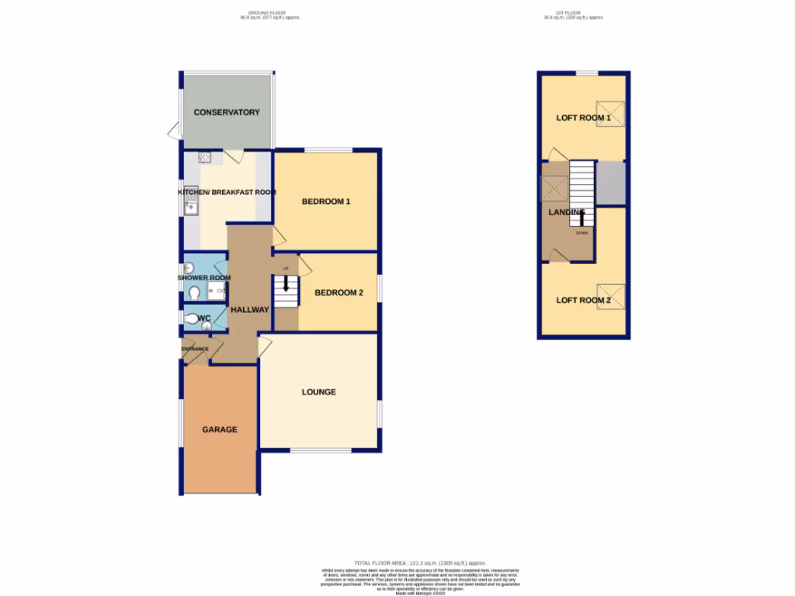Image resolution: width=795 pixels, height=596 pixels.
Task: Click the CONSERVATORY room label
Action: point(227,113)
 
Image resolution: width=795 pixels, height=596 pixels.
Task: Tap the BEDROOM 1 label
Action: point(326,202)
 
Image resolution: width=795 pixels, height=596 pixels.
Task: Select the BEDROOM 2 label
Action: point(338,293)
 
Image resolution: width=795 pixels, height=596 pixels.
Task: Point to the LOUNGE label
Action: point(319,392)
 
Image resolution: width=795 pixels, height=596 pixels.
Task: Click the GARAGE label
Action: point(220,429)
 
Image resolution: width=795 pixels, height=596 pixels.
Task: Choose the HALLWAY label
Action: point(250,310)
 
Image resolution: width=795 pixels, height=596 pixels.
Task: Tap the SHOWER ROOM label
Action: point(204,278)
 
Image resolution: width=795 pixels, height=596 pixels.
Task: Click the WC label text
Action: point(204,318)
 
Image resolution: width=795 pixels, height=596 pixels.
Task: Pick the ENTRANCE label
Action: point(196,349)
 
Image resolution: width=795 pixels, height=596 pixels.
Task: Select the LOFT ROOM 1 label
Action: point(583,118)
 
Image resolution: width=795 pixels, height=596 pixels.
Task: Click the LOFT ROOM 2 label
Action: point(583,300)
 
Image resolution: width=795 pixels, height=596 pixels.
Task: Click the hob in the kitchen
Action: point(205,158)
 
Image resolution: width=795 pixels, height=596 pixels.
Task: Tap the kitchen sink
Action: point(191,206)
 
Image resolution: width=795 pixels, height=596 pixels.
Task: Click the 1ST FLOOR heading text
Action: point(573,13)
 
